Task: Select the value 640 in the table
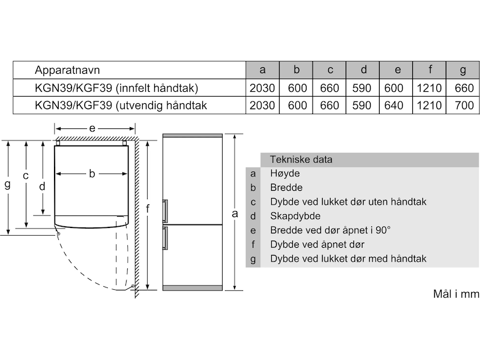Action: point(397,106)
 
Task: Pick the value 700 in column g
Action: point(463,106)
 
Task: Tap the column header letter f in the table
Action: point(430,70)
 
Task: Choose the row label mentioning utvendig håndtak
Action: point(121,106)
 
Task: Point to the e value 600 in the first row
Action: point(397,88)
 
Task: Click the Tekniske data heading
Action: point(301,160)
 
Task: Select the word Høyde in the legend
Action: point(285,173)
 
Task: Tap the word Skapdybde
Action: point(295,216)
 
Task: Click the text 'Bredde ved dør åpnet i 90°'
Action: point(330,230)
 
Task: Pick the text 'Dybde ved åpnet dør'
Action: point(317,245)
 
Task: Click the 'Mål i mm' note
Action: point(456,294)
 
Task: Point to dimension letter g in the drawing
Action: point(7,185)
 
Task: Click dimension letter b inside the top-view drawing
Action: point(92,174)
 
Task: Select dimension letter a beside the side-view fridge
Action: point(235,213)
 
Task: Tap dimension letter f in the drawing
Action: point(147,209)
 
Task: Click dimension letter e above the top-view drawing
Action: point(92,128)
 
